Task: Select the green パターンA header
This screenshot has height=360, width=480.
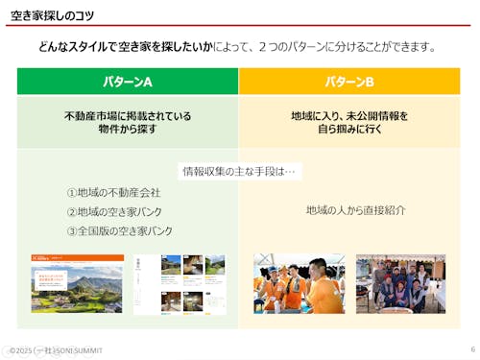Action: point(128,81)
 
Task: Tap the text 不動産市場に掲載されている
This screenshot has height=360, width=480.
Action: point(128,116)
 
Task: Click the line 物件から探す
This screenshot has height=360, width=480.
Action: point(128,130)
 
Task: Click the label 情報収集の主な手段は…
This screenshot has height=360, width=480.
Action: point(239,172)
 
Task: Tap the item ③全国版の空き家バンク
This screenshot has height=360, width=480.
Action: point(120,231)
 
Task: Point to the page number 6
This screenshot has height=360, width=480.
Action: point(472,349)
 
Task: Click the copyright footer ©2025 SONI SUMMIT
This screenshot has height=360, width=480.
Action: point(55,350)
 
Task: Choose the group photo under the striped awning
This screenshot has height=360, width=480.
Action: point(400,284)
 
